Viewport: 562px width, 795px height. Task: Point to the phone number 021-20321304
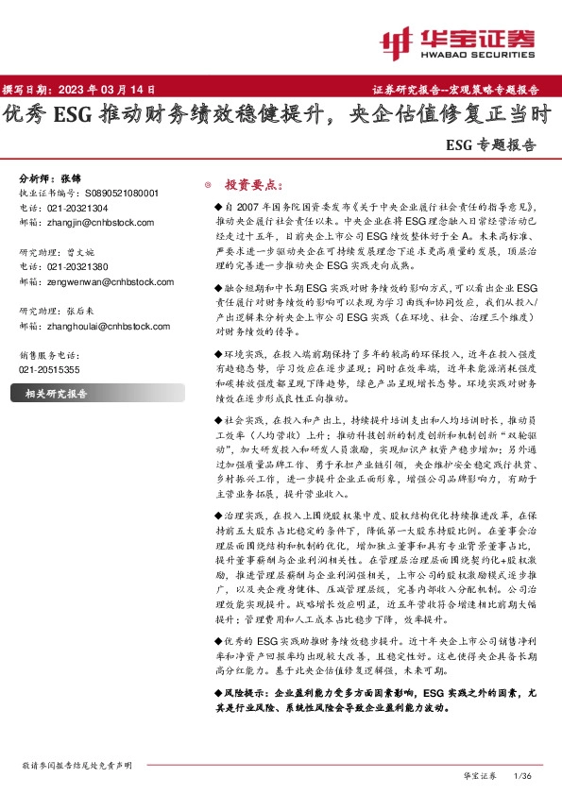tap(77, 207)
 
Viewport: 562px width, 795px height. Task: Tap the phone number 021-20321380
tap(77, 267)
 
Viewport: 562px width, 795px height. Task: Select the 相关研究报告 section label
tap(56, 393)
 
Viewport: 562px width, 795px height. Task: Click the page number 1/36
tap(522, 775)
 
